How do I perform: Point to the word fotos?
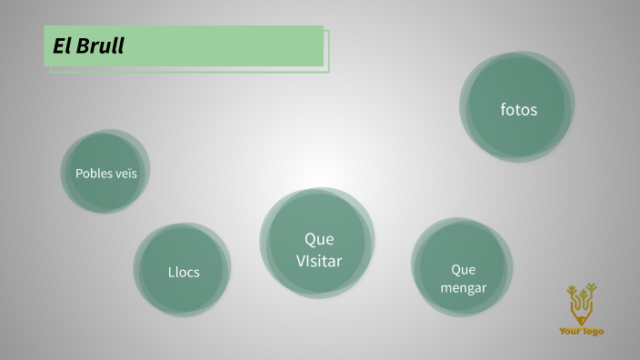click(519, 110)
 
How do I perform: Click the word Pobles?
click(94, 173)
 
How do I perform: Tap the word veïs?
click(126, 173)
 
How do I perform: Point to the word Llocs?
click(183, 271)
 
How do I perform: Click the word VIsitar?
click(319, 261)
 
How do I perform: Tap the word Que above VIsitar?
click(319, 239)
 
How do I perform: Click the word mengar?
click(464, 287)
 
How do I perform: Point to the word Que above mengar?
click(464, 269)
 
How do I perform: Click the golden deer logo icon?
click(582, 304)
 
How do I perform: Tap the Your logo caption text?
click(582, 331)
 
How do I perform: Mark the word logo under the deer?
click(591, 331)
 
